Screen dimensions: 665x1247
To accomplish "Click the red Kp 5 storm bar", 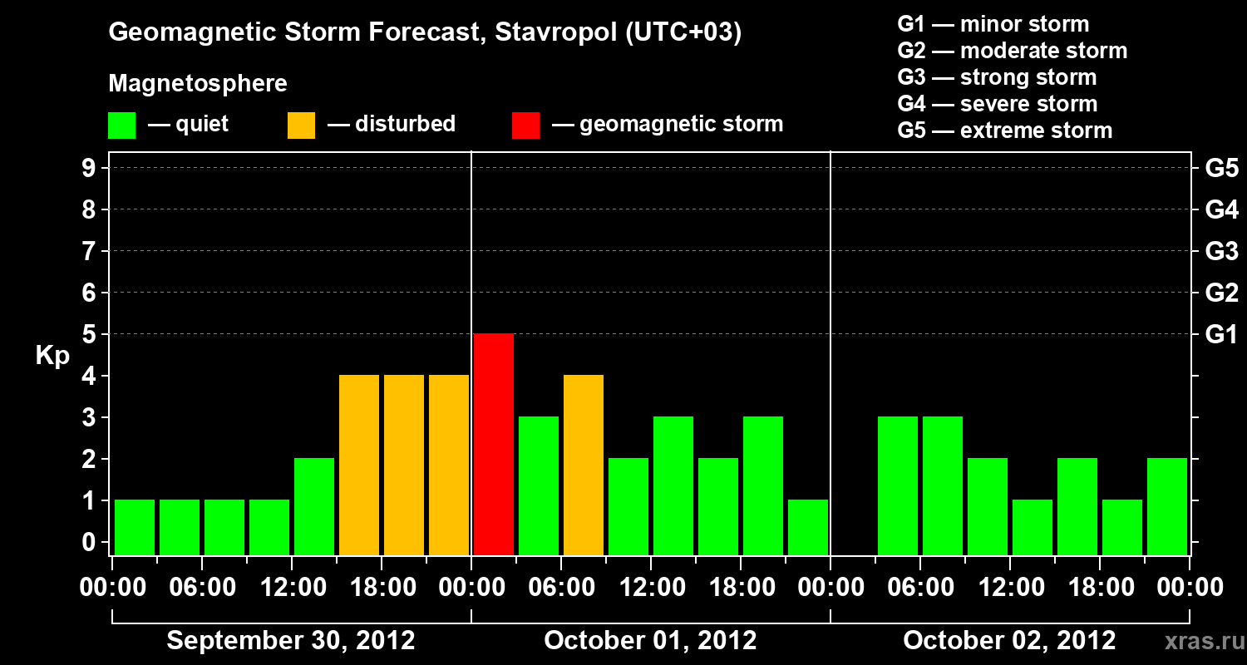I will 494,444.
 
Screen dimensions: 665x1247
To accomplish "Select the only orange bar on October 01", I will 584,465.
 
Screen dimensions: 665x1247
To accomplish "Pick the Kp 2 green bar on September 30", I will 314,506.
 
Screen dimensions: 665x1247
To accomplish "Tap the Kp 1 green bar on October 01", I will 808,527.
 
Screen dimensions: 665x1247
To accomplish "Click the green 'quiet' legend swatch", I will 122,125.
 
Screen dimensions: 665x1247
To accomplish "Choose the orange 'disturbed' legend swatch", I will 302,125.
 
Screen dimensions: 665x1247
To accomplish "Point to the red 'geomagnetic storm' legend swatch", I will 526,125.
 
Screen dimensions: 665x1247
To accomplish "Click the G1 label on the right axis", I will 1221,334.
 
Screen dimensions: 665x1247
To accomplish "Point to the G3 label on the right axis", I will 1221,251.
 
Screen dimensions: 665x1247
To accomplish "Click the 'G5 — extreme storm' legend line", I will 1004,131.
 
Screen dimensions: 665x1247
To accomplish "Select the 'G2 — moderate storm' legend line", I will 1012,51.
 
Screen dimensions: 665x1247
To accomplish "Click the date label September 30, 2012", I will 291,640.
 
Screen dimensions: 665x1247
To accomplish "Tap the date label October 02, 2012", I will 1009,640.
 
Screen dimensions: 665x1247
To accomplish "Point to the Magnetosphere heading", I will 198,84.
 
